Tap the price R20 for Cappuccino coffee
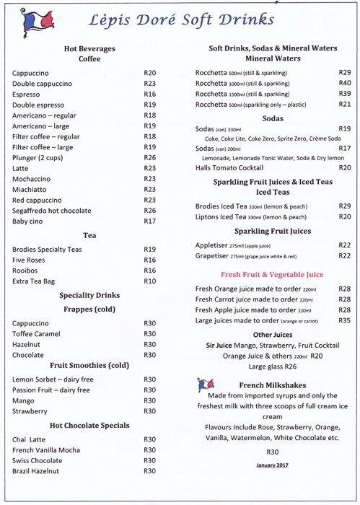pos(150,73)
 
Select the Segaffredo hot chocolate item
pos(62,211)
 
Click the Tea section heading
pos(89,235)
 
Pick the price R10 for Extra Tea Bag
pos(150,280)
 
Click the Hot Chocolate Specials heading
pos(89,425)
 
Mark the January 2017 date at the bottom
pos(272,465)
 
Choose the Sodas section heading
pos(272,118)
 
